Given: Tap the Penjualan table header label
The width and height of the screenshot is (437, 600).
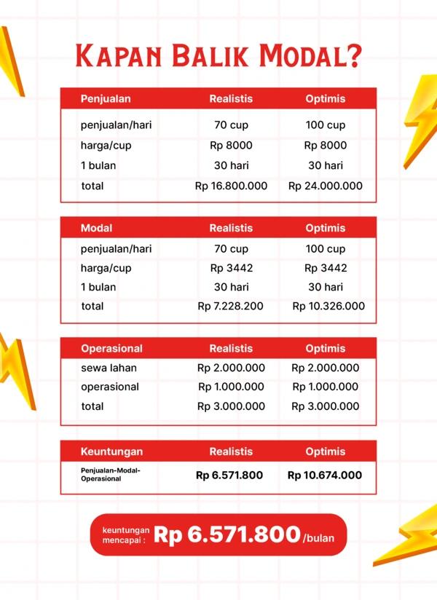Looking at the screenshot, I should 106,98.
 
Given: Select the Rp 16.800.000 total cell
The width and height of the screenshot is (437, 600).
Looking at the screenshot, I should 231,186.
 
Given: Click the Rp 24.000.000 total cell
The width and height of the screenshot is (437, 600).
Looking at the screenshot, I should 326,186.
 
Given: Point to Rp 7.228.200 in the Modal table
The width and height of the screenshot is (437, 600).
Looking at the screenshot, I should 230,306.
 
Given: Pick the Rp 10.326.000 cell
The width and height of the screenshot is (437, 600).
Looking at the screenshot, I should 328,306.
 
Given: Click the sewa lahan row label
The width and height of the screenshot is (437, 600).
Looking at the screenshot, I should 109,368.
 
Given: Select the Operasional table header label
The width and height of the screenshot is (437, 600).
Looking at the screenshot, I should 111,348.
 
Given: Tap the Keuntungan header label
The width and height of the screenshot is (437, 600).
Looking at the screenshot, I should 111,451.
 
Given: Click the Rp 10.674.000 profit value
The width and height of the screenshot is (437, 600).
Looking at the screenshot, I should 324,475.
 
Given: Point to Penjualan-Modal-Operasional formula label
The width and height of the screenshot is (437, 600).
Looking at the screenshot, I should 110,474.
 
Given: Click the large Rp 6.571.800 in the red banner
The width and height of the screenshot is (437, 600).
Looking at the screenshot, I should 227,535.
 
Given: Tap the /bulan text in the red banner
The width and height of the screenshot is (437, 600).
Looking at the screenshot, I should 320,538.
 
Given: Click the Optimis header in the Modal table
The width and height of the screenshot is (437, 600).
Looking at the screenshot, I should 326,228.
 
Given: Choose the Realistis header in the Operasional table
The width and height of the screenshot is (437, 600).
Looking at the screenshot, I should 231,348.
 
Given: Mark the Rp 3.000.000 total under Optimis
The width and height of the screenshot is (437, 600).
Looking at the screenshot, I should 326,406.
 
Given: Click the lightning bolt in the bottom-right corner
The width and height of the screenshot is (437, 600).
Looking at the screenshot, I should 408,535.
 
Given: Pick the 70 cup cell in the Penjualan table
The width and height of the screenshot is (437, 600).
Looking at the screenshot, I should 231,125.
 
